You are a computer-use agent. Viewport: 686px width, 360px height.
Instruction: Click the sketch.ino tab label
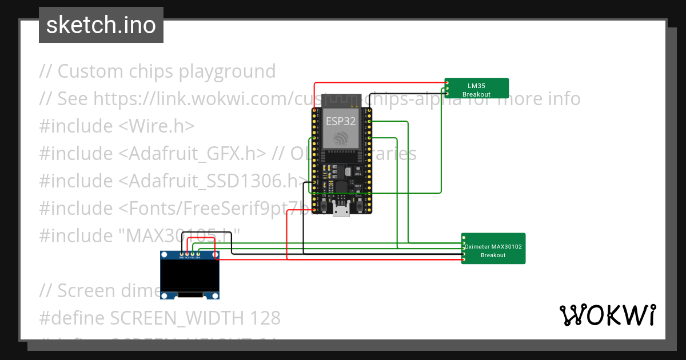[x=101, y=25]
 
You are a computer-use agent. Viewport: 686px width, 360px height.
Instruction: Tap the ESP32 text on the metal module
[x=341, y=121]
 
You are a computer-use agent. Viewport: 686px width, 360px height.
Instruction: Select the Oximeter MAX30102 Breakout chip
[x=493, y=249]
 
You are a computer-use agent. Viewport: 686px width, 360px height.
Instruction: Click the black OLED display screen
[x=190, y=277]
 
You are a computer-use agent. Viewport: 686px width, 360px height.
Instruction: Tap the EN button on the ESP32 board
[x=324, y=203]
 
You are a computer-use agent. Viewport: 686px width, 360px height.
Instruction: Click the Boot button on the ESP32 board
[x=359, y=203]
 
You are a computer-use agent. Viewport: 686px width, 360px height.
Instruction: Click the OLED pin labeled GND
[x=182, y=254]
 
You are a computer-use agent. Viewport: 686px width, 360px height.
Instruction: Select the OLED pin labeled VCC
[x=187, y=254]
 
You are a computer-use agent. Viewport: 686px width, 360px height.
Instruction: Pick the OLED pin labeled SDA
[x=198, y=254]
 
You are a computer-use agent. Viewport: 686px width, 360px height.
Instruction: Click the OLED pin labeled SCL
[x=193, y=254]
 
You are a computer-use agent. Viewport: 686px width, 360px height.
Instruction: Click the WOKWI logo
[x=607, y=315]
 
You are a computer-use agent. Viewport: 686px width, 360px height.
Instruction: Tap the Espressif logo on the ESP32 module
[x=341, y=138]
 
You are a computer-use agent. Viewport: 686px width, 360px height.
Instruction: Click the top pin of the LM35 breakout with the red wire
[x=447, y=83]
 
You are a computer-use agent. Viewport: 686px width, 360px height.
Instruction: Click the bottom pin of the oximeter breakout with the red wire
[x=464, y=260]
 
